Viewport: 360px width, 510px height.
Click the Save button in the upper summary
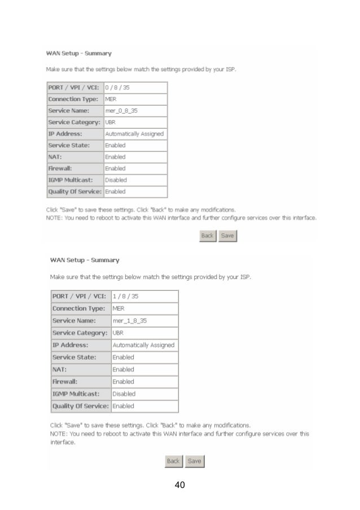228,236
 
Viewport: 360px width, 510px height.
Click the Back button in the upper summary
208,236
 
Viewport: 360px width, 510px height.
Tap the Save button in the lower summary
194,461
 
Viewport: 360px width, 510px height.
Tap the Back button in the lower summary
173,461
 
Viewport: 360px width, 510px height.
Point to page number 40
180,485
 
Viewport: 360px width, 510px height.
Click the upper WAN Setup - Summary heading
78,54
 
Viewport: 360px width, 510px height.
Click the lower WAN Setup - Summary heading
85,260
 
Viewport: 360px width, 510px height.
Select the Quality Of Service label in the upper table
74,191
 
